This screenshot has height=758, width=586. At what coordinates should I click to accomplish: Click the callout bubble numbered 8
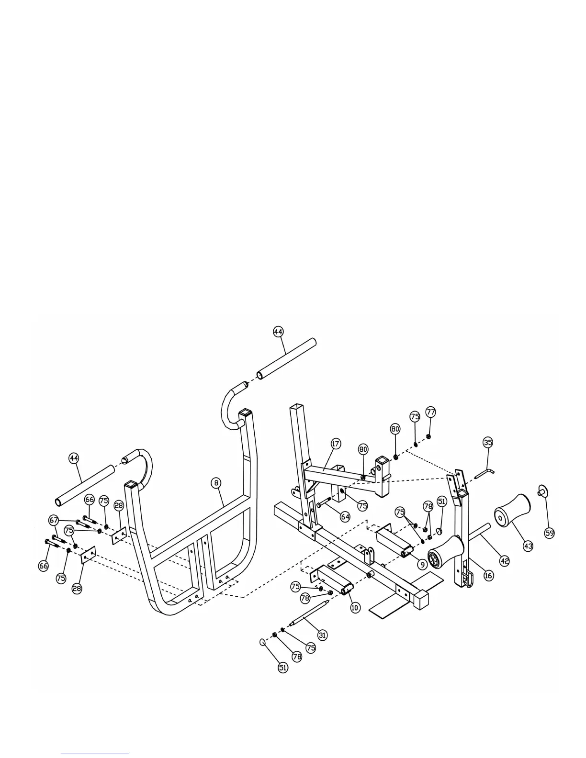coord(217,483)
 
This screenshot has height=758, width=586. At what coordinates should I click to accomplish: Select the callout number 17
coord(336,444)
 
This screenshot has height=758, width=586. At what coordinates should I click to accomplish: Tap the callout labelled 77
coord(431,412)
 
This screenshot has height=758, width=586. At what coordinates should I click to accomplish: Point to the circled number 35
coord(488,442)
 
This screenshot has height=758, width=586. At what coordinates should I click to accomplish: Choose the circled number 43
coord(528,546)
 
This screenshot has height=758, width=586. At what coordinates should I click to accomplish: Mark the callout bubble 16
coord(488,576)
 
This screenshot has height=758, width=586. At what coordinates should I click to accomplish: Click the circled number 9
coord(422,565)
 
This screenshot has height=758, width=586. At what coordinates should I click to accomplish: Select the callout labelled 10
coord(355,608)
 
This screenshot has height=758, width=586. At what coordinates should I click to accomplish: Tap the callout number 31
coord(323,635)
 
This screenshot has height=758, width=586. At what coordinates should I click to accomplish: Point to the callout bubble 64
coord(345,517)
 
